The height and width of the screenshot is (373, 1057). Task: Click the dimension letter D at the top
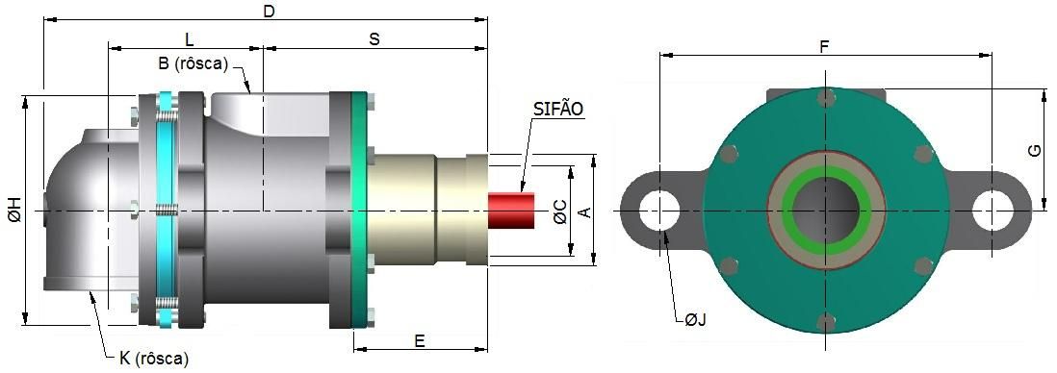click(x=269, y=12)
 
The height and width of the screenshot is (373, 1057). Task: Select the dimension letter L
click(x=190, y=37)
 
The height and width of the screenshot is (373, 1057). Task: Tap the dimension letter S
click(x=374, y=39)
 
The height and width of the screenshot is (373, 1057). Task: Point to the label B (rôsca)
click(x=193, y=63)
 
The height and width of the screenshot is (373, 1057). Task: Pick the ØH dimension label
click(x=14, y=211)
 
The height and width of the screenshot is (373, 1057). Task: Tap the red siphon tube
click(x=511, y=211)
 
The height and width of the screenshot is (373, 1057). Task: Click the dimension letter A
click(x=585, y=212)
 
